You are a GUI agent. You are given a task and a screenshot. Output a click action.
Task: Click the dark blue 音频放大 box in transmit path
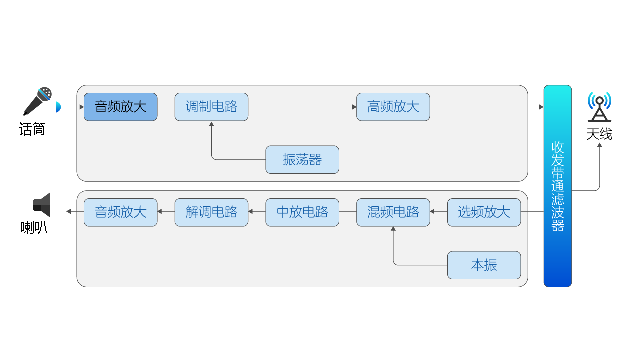120,107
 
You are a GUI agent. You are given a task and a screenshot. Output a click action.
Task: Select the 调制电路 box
211,107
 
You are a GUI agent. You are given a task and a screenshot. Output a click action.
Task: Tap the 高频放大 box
393,107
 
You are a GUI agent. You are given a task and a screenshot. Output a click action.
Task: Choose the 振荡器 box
302,160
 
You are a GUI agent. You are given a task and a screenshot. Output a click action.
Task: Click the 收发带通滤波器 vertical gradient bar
557,186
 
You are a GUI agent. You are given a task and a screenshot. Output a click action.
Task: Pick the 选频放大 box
484,212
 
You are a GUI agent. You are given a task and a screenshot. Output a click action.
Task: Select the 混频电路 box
393,212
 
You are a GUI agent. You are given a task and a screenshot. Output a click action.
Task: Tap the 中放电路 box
302,212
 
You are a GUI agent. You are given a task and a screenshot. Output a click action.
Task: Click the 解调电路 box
211,212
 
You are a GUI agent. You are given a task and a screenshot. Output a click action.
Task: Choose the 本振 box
484,265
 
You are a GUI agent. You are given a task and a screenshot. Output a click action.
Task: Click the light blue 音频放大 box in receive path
120,212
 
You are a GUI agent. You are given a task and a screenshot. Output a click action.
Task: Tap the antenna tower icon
599,107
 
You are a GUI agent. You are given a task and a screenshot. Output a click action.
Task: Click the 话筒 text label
32,130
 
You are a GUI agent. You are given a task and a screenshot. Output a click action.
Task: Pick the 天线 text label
599,134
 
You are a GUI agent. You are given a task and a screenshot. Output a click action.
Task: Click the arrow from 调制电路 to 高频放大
302,107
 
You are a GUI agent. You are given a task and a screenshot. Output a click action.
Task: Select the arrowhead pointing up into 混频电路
393,229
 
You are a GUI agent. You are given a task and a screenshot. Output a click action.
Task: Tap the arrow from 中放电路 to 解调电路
257,212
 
